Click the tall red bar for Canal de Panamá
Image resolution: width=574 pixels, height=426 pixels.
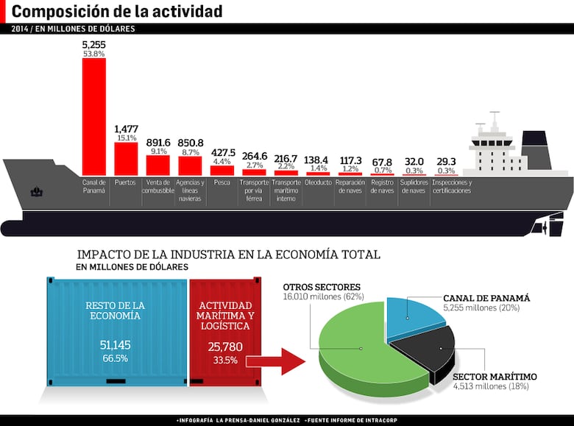click(93, 116)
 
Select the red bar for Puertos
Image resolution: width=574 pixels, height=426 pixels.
click(126, 158)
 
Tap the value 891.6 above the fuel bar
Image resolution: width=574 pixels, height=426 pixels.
click(157, 142)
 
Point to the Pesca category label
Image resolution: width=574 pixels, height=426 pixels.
click(222, 182)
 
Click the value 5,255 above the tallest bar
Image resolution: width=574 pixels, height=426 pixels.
click(93, 45)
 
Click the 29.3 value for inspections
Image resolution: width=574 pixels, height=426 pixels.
click(446, 161)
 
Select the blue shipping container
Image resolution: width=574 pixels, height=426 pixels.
click(116, 330)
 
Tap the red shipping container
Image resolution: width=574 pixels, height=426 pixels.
click(225, 330)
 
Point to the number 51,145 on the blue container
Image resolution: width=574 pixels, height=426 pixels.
click(116, 344)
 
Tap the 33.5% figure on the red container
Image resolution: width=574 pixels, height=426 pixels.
click(225, 360)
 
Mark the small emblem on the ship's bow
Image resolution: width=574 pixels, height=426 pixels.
click(37, 192)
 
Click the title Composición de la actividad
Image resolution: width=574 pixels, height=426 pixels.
click(117, 12)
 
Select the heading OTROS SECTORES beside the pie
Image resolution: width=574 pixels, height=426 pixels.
click(322, 286)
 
